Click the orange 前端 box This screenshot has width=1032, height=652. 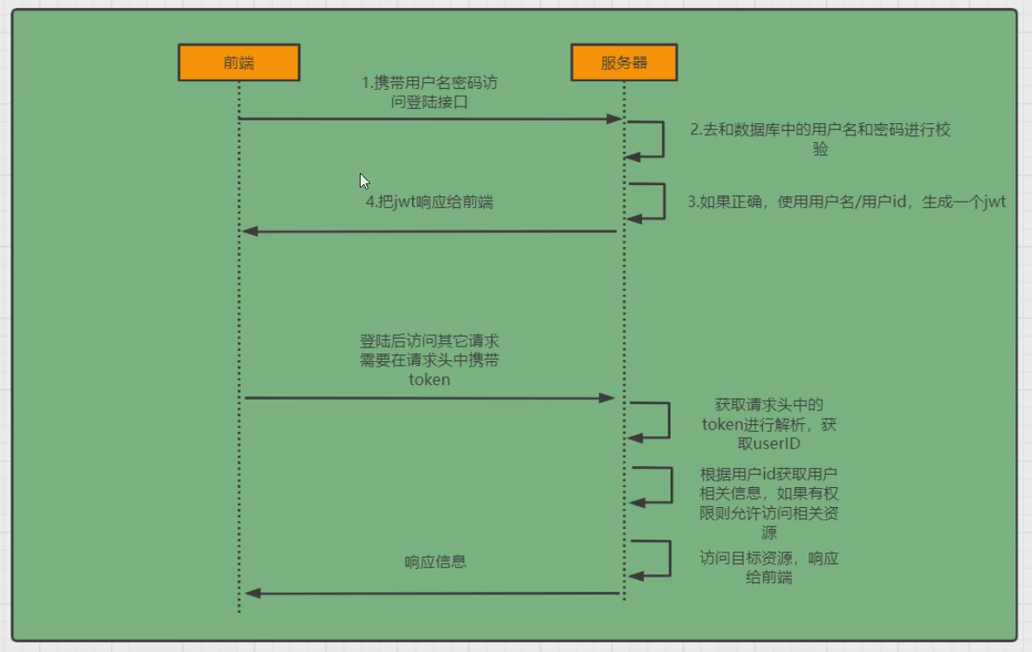click(238, 63)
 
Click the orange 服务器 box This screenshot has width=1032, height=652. click(623, 63)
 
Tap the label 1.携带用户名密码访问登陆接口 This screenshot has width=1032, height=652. click(430, 93)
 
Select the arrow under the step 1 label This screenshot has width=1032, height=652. click(430, 119)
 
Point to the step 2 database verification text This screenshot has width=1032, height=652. click(820, 139)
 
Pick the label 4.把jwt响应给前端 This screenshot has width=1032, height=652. click(430, 202)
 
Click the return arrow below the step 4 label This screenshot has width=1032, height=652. click(430, 231)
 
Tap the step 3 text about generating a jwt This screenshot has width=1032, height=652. click(846, 202)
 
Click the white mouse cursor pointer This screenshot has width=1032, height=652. click(364, 181)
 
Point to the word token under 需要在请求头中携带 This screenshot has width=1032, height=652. click(430, 380)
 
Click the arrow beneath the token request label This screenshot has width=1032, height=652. click(430, 398)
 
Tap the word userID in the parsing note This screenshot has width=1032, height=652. click(769, 443)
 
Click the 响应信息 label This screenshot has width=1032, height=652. click(435, 561)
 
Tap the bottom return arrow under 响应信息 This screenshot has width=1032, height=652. click(432, 594)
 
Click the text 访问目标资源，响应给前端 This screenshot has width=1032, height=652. click(769, 567)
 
